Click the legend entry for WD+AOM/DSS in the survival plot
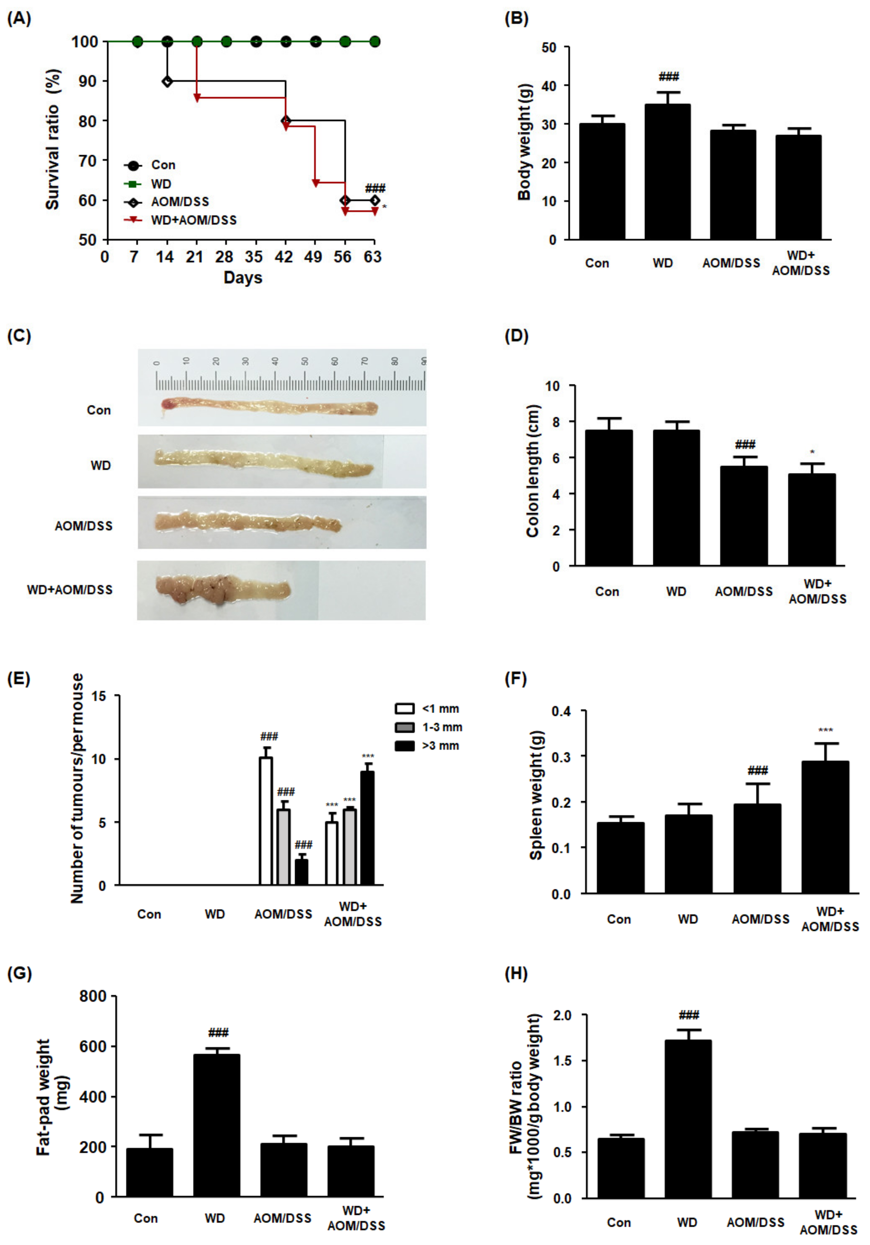(x=194, y=220)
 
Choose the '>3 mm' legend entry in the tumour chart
(x=440, y=746)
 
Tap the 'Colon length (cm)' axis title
(x=533, y=471)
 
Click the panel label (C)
(x=19, y=336)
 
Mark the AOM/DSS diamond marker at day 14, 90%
(x=168, y=81)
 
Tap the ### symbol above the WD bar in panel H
(x=688, y=1015)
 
